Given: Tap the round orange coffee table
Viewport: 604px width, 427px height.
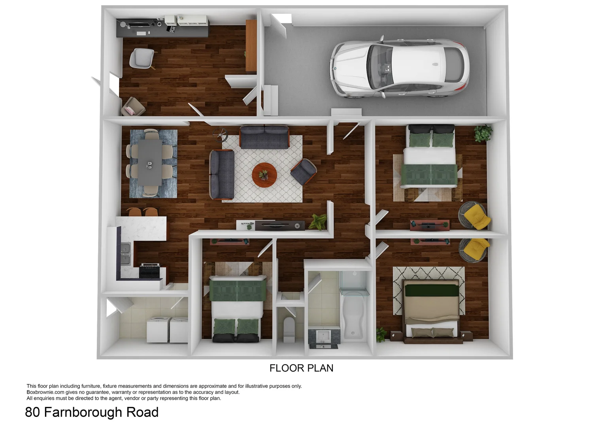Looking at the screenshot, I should coord(264,175).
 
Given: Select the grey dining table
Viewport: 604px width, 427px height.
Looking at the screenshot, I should coord(150,163).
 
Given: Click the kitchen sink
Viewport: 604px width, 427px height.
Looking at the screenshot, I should coord(125,253).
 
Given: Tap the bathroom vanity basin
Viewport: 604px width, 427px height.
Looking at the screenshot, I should coord(324,336).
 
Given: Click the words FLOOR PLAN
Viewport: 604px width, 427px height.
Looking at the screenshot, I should coord(301,368).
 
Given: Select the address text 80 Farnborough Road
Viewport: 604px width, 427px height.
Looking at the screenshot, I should coord(92,412).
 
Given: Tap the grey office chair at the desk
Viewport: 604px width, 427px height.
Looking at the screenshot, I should coord(142,58).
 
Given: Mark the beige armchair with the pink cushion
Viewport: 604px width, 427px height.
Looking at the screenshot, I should coord(133,107).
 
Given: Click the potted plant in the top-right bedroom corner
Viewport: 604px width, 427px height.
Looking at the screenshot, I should coord(483,133).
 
